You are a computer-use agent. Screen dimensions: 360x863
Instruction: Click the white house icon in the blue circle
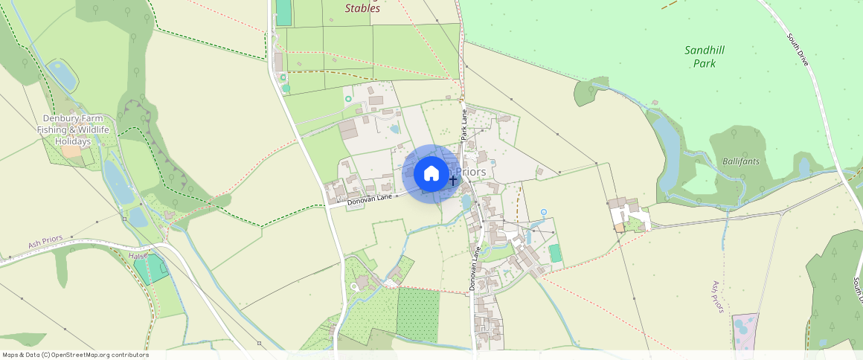(431, 174)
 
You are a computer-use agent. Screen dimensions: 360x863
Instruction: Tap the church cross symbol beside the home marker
(452, 180)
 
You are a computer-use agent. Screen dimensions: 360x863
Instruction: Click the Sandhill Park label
(704, 57)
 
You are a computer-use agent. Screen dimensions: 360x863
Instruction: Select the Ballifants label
(738, 161)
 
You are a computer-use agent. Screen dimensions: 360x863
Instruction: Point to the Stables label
(362, 8)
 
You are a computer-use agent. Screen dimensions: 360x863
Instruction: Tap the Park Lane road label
(464, 125)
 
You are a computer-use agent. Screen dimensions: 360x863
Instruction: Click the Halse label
(138, 255)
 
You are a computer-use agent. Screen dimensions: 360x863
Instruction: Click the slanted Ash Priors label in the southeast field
(717, 296)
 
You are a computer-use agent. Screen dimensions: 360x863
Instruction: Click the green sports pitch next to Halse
(151, 267)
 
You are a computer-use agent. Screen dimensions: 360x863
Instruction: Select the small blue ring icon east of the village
(543, 213)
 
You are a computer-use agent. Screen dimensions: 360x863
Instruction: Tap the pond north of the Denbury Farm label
(62, 76)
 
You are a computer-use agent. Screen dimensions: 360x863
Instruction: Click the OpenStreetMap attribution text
(76, 355)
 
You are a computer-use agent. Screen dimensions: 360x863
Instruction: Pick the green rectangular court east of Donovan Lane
(555, 253)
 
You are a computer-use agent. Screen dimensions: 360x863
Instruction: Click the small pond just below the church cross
(466, 202)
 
